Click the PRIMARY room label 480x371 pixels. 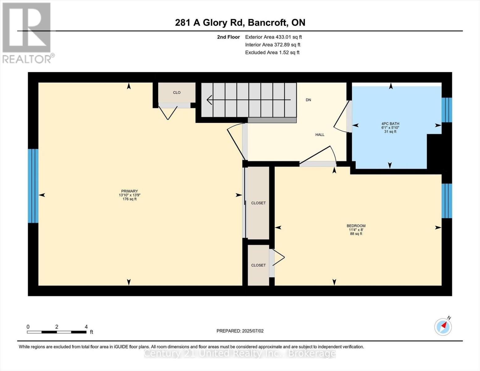coord(130,191)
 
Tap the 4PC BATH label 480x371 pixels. coord(390,124)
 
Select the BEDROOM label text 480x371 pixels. coord(356,226)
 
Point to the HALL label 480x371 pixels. coord(320,135)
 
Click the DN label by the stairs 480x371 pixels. coord(308,100)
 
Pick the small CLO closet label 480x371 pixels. coord(177,92)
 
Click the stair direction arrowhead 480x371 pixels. coord(209,100)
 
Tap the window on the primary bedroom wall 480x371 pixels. coord(33,186)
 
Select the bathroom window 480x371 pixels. coord(447,110)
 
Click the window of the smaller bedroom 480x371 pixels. coord(447,201)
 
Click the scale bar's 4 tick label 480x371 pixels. coord(86,327)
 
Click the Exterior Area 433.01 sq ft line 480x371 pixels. coord(274,37)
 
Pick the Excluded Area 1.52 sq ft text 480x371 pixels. coord(272,53)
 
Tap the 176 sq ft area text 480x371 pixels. coord(130,199)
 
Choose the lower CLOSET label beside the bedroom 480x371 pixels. coord(258,265)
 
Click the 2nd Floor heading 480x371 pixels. coord(228,37)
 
